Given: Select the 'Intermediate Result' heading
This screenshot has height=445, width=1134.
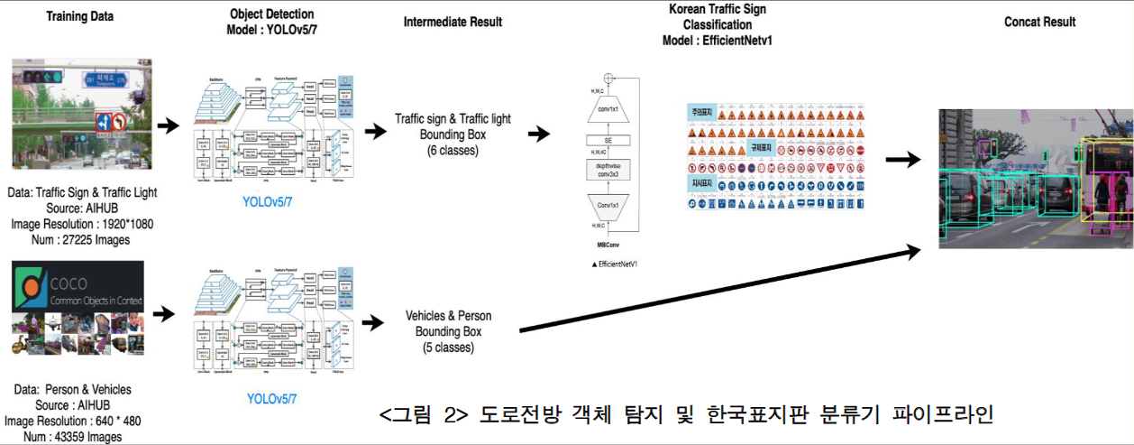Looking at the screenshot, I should [x=453, y=21].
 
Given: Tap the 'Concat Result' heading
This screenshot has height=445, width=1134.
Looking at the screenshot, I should [x=1039, y=22].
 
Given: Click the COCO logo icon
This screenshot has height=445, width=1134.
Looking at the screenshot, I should [x=32, y=289].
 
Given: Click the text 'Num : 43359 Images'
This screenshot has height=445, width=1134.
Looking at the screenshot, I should [x=72, y=437].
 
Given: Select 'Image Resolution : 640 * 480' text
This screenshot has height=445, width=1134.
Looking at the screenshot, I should [x=72, y=421].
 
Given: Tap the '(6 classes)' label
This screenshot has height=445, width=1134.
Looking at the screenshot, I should [x=453, y=151].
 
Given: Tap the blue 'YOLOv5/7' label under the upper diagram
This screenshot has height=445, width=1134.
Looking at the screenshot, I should [x=272, y=201].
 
